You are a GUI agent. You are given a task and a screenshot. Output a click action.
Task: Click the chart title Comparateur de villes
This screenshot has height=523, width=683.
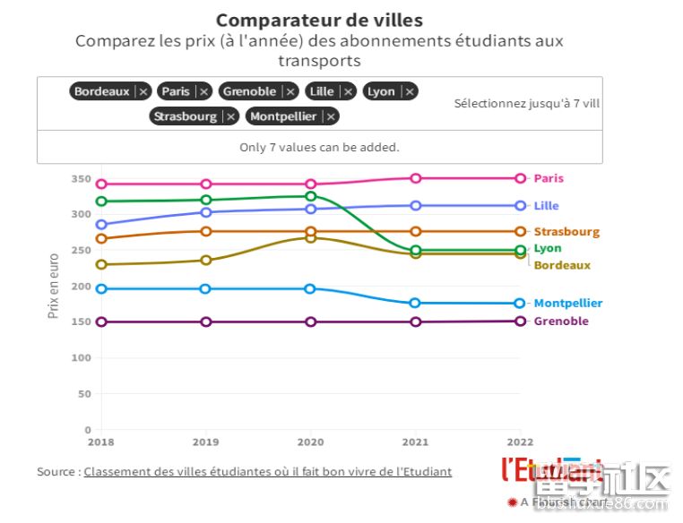319,20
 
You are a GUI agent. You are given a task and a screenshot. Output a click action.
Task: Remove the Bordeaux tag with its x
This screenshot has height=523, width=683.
143,91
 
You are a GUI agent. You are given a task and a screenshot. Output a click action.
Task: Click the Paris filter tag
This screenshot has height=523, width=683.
177,91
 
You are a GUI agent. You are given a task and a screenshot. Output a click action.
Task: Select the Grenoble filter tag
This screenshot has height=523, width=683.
249,91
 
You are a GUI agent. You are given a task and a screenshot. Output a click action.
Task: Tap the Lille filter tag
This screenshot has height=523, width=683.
321,91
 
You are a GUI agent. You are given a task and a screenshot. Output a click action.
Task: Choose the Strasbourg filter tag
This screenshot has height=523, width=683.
186,116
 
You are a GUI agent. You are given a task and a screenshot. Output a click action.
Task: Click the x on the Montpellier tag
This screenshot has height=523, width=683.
332,116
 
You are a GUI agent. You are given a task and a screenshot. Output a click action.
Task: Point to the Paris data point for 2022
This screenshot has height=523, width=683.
520,178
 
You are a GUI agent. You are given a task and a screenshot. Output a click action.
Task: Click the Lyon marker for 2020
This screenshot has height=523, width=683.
311,196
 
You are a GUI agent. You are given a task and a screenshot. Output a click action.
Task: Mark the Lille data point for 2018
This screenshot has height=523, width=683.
101,225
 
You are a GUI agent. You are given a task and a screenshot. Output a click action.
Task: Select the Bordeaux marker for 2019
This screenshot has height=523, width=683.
206,261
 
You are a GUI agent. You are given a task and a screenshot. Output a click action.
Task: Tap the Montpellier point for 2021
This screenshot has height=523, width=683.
416,304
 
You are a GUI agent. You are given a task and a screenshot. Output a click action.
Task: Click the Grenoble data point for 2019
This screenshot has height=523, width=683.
206,322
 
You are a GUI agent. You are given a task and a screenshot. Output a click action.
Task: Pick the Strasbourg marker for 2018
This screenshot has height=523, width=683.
101,238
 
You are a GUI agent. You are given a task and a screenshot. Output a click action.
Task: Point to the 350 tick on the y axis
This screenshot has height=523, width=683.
82,179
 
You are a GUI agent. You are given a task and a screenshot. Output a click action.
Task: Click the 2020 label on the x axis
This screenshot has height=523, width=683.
311,442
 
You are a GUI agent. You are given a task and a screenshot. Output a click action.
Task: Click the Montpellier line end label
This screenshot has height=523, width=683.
568,304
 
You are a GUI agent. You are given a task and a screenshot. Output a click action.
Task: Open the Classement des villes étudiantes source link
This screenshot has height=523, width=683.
268,472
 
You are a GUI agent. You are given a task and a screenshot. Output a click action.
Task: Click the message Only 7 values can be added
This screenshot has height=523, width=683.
319,148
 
